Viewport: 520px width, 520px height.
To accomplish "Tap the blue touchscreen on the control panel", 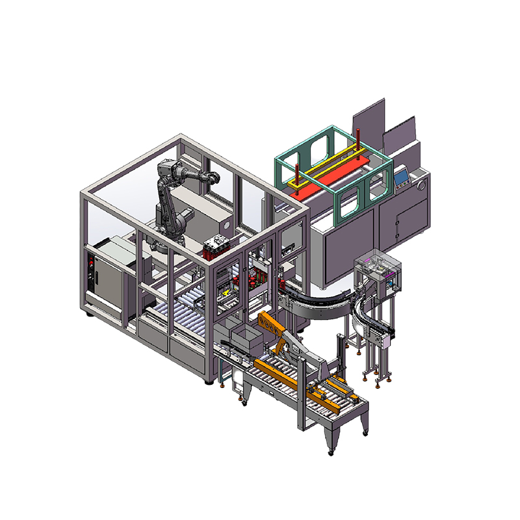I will click(401, 175).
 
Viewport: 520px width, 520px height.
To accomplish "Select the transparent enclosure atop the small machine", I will click(377, 268).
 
